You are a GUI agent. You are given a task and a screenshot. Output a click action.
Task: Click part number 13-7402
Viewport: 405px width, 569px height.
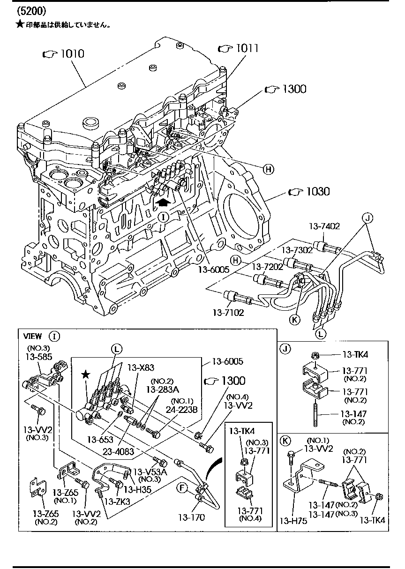(x=324, y=226)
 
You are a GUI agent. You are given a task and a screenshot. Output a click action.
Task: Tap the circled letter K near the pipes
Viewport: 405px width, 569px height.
(x=294, y=320)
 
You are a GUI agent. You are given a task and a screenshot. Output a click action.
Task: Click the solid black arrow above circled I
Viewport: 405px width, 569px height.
(x=163, y=201)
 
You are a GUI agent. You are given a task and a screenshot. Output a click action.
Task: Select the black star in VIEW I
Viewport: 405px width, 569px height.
(x=85, y=374)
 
